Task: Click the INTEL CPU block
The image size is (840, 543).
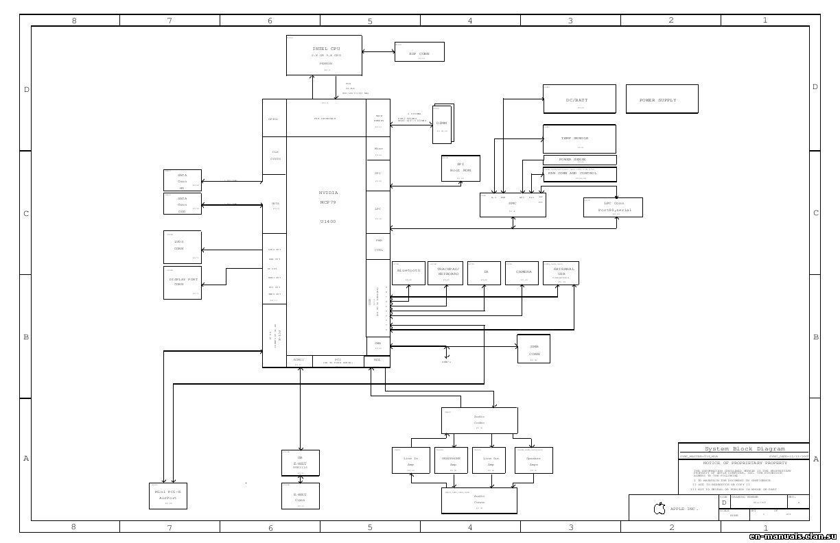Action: click(324, 55)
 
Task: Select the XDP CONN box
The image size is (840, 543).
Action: click(419, 52)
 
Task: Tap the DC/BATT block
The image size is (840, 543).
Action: click(579, 99)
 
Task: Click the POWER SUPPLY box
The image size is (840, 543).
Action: click(662, 99)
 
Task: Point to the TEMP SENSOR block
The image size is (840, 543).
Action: click(579, 139)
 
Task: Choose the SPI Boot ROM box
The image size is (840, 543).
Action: click(460, 168)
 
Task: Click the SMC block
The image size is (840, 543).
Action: click(513, 205)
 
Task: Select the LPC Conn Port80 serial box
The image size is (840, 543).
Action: click(613, 207)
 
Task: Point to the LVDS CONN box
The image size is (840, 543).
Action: click(182, 247)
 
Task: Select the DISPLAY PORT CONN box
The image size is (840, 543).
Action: click(182, 282)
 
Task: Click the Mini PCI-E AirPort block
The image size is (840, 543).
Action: click(167, 496)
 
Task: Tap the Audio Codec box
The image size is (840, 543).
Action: click(479, 420)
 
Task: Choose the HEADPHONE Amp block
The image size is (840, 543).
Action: click(451, 461)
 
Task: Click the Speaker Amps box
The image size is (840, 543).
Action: click(533, 461)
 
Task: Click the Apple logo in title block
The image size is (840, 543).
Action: click(660, 509)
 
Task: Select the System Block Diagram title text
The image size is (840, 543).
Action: click(744, 448)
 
